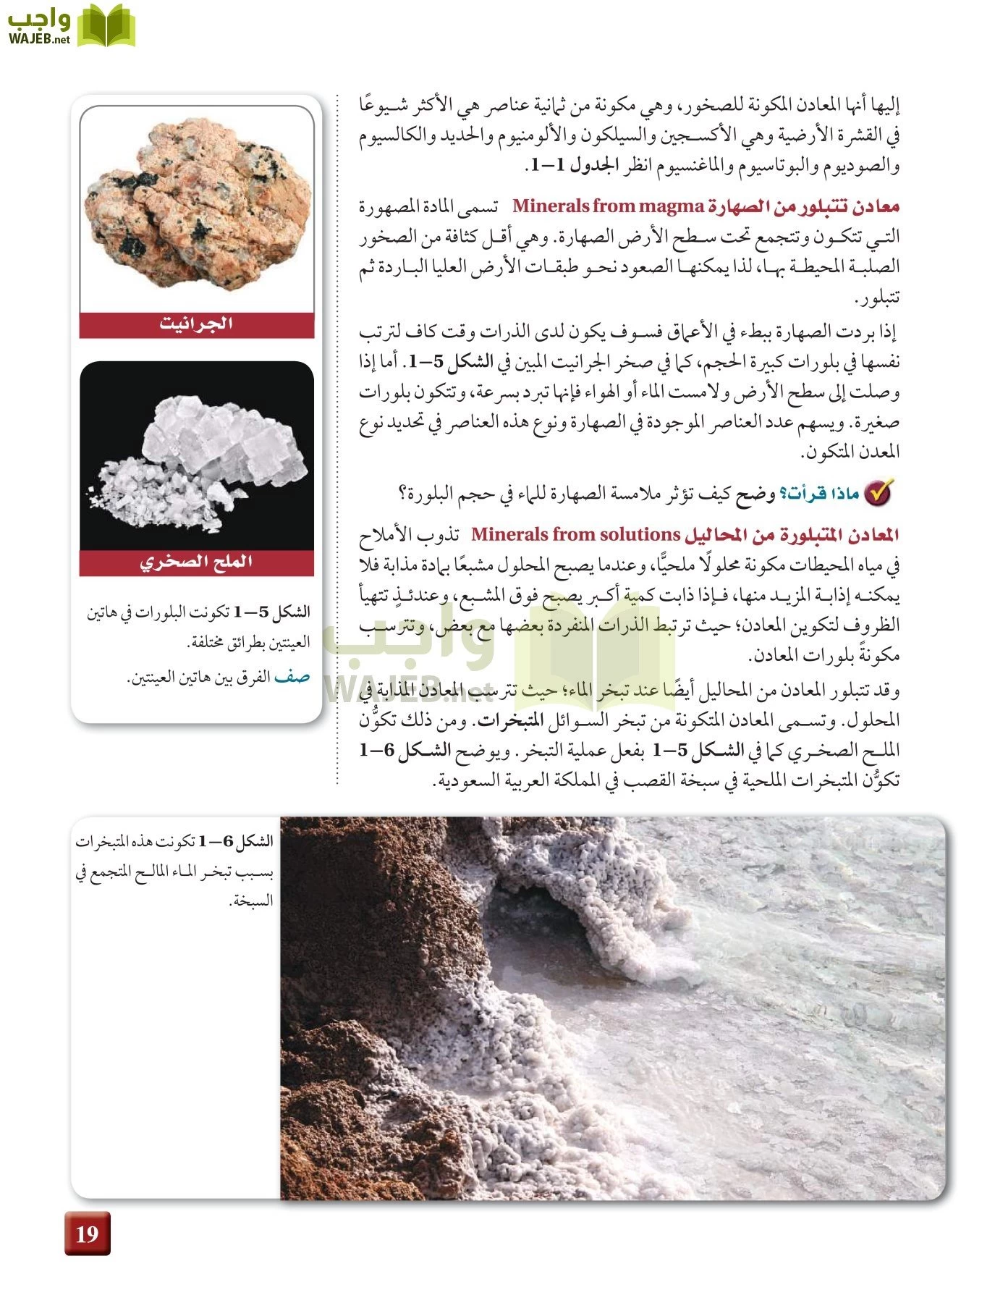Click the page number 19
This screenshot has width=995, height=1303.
point(87,1233)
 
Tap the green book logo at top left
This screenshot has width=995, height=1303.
point(106,26)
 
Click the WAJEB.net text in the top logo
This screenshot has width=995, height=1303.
point(39,39)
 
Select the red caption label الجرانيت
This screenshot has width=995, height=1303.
point(196,324)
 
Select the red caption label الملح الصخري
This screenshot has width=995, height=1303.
point(196,562)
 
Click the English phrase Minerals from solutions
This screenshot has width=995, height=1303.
point(575,535)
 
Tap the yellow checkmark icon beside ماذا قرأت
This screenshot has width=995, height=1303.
point(880,492)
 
